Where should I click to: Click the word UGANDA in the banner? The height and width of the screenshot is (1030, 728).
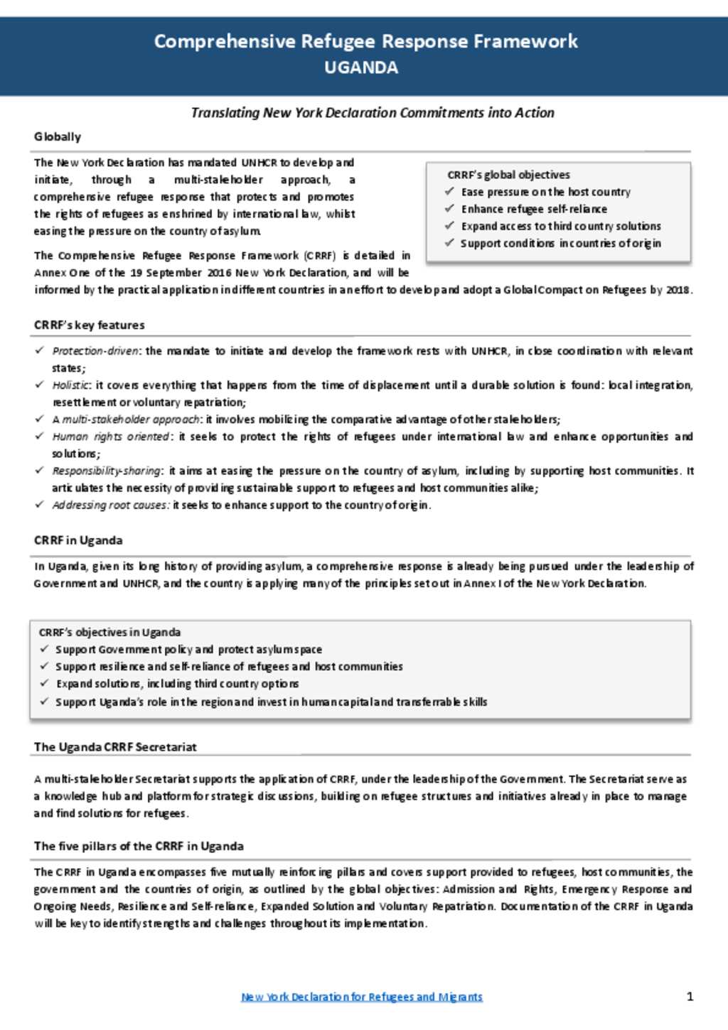[x=361, y=68]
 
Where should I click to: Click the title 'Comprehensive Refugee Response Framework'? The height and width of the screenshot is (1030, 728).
[x=365, y=41]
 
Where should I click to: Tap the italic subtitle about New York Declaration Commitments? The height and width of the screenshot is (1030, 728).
[x=373, y=112]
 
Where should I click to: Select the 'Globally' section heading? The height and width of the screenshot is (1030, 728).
[x=58, y=136]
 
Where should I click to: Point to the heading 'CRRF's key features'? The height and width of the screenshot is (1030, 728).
[x=90, y=325]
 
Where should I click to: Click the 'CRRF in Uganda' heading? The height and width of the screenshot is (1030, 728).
[x=78, y=540]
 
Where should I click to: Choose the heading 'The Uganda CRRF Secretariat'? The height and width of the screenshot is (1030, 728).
[x=115, y=747]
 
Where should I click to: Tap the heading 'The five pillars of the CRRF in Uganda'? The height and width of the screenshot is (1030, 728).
[x=139, y=846]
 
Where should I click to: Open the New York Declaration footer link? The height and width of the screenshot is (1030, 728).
[x=362, y=997]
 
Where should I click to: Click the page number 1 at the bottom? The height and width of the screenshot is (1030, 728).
[x=690, y=996]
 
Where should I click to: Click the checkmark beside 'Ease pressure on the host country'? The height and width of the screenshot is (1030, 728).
[x=449, y=191]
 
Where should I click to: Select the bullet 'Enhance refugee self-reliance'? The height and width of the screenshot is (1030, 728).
[x=534, y=209]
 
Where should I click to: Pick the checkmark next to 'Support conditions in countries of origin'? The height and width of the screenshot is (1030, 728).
[x=449, y=242]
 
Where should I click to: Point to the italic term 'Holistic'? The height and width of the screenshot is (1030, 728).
[x=71, y=385]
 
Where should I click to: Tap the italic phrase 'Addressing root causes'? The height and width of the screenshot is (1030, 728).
[x=111, y=505]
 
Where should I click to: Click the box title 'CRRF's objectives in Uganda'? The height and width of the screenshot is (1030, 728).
[x=109, y=632]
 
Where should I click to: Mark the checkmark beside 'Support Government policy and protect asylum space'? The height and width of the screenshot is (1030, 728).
[x=45, y=649]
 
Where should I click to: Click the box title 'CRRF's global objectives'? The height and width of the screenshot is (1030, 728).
[x=508, y=175]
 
